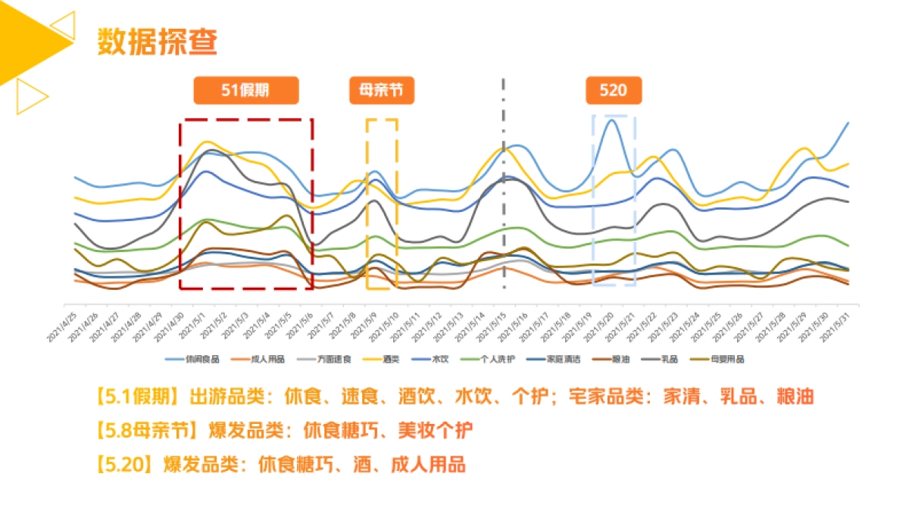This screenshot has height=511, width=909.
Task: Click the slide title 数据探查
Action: coord(158,42)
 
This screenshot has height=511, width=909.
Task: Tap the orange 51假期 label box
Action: coord(246,91)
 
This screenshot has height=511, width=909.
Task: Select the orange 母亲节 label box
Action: coord(382,91)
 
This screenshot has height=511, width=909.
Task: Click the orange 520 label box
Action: coord(613,91)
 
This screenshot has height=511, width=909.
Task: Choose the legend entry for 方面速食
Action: coord(329,359)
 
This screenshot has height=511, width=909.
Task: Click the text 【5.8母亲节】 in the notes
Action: coord(144,430)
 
